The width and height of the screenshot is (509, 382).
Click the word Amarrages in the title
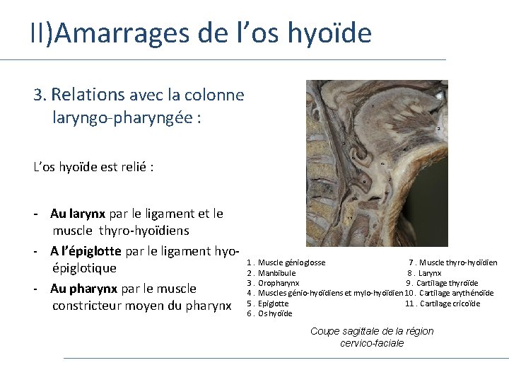[x=113, y=33]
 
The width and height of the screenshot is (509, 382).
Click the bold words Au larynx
[x=78, y=214]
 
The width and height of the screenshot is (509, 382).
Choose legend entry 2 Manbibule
[x=276, y=273]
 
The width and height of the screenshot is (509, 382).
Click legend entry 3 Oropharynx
[x=278, y=283]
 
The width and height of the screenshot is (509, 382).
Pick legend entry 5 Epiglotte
[x=273, y=303]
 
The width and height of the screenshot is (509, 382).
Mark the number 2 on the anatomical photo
[x=439, y=129]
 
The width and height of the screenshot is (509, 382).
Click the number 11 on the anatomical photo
[x=350, y=218]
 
